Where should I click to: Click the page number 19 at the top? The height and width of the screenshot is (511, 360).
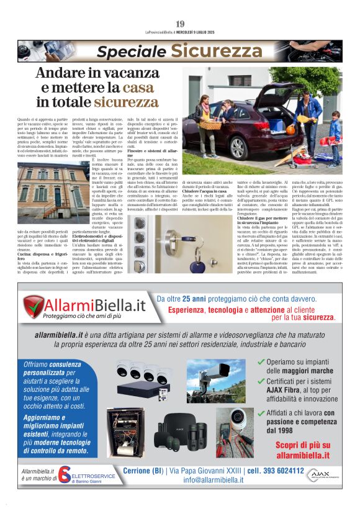coord(180,24)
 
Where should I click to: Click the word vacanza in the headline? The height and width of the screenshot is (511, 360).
coord(124,73)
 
